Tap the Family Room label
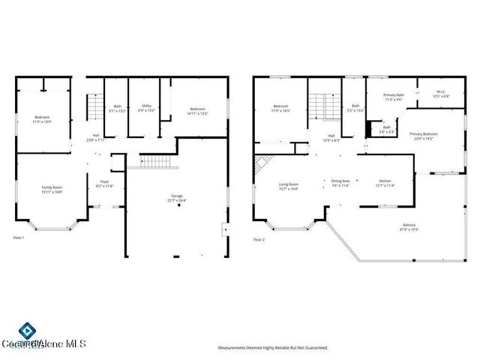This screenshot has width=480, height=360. coord(52,189)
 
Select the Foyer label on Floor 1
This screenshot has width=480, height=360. coord(104,183)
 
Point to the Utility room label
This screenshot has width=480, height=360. coord(147,108)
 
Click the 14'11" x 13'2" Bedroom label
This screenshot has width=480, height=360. coord(197,111)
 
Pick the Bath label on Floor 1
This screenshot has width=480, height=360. coord(118,108)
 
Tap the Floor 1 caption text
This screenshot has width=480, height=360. coord(19,238)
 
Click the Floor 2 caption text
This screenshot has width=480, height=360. coord(259,239)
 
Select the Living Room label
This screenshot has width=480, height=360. coord(289,186)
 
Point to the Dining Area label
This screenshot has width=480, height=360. coord(341,182)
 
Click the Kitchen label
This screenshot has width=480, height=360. coord(384,182)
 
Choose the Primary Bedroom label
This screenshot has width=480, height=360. coord(424,136)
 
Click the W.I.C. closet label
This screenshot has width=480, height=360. coord(441,94)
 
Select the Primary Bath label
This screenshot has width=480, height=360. coord(394,97)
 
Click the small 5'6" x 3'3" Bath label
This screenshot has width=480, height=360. coord(386,129)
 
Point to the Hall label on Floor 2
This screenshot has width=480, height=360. coord(331,138)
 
